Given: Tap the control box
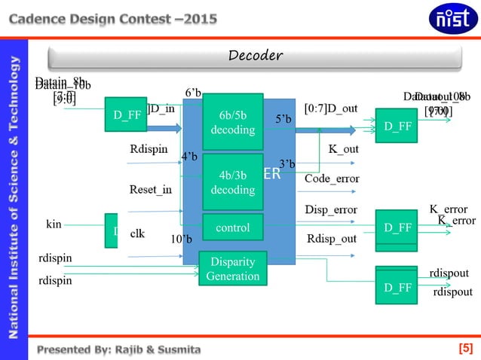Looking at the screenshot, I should pyautogui.click(x=233, y=227).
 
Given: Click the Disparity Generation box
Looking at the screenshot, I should pyautogui.click(x=232, y=269).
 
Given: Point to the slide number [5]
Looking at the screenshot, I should pyautogui.click(x=466, y=348).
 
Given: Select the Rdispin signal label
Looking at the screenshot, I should pyautogui.click(x=149, y=148).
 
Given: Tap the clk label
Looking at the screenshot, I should pyautogui.click(x=137, y=233).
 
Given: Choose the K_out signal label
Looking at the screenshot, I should pyautogui.click(x=343, y=148).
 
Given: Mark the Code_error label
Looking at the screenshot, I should pyautogui.click(x=332, y=178).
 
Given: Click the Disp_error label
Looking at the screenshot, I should pyautogui.click(x=331, y=209).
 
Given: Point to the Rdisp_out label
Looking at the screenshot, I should pyautogui.click(x=332, y=239).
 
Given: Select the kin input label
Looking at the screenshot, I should pyautogui.click(x=54, y=224).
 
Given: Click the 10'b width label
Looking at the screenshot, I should pyautogui.click(x=182, y=239).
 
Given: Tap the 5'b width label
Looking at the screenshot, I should pyautogui.click(x=283, y=119).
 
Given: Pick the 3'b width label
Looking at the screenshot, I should pyautogui.click(x=287, y=163).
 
